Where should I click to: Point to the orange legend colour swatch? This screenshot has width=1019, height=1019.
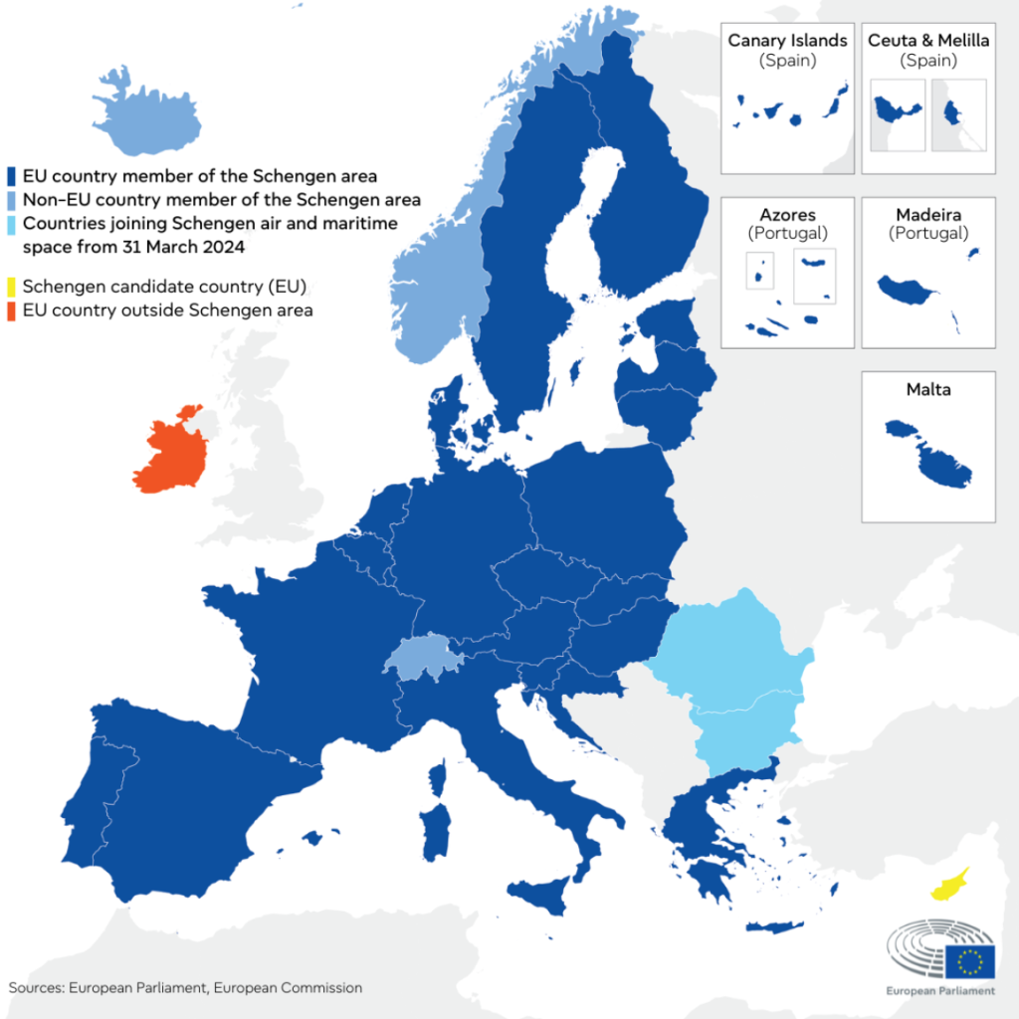point(11,310)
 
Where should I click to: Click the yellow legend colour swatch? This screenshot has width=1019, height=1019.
point(11,288)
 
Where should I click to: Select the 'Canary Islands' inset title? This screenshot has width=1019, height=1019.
point(787,41)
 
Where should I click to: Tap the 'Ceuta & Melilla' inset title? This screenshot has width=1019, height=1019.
point(928,41)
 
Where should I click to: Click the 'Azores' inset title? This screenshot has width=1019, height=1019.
point(787,215)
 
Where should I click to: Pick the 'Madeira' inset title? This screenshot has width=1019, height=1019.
point(928,215)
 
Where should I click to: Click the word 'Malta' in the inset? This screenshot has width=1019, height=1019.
point(928,389)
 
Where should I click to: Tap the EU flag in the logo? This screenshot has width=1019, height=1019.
point(969,961)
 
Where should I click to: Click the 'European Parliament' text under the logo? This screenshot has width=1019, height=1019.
point(940,991)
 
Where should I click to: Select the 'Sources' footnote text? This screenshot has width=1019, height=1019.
point(185,988)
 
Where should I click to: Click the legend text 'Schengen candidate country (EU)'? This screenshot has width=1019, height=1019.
point(162,288)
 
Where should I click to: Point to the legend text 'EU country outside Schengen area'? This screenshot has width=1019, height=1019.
point(167,310)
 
